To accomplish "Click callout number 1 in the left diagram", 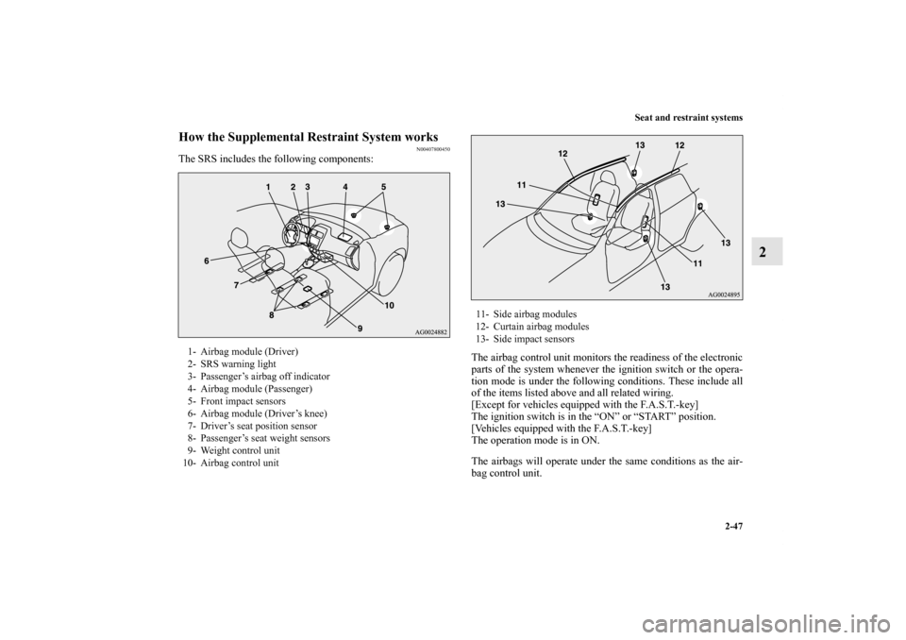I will click(x=268, y=187).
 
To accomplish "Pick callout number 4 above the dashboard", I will click(x=347, y=187).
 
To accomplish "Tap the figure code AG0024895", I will click(x=723, y=295).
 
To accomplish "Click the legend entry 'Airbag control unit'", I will click(x=239, y=462).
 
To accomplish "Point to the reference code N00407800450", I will click(x=430, y=149).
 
